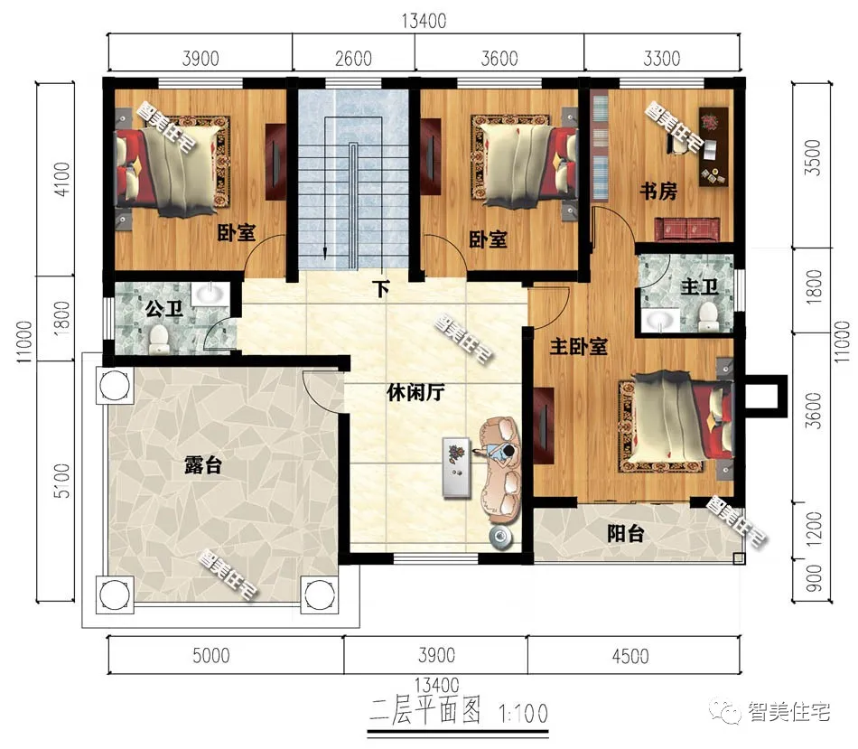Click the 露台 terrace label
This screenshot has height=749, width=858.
click(x=202, y=467)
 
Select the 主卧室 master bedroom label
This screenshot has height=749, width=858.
click(x=578, y=347)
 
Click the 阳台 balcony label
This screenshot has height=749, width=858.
click(x=625, y=535)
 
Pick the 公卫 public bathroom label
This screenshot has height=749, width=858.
click(x=163, y=310)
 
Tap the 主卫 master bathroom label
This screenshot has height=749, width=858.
click(x=699, y=287)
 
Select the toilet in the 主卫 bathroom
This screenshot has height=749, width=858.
click(x=708, y=314)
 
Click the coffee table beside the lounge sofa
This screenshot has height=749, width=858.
click(x=457, y=466)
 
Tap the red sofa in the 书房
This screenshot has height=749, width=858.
click(x=691, y=228)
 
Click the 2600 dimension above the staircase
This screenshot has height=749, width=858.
click(x=353, y=60)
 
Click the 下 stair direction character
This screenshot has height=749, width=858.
click(x=382, y=290)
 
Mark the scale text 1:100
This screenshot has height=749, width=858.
click(x=523, y=714)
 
